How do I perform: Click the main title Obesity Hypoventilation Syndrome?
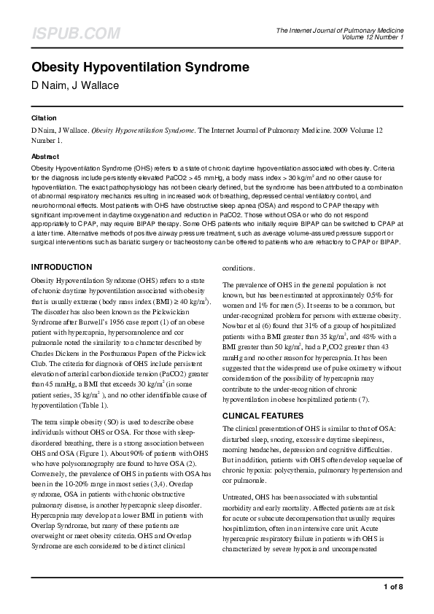coord(140,68)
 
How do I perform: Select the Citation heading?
coord(43,117)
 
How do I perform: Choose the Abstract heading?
coord(44,157)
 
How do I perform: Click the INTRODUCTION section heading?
coord(62,267)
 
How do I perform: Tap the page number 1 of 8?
coord(392,587)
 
